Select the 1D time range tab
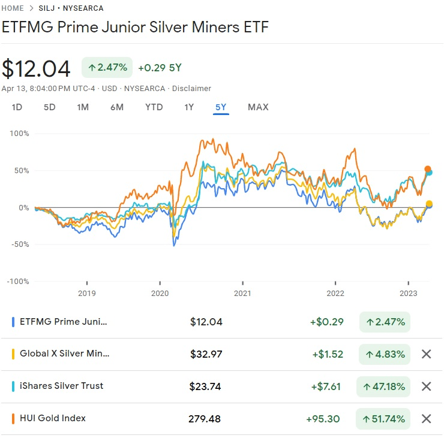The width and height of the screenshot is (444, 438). [17, 107]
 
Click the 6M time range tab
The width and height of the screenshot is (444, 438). [116, 107]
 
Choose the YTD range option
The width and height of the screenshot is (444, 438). [154, 107]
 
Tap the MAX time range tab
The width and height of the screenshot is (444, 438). [258, 107]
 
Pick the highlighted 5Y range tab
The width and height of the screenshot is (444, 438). [221, 107]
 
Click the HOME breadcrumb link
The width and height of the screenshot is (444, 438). [13, 8]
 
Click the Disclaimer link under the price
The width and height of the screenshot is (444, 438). [191, 88]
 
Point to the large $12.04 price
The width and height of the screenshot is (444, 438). [36, 68]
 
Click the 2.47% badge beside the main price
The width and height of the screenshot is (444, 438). [107, 68]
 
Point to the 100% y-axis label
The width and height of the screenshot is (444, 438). [19, 133]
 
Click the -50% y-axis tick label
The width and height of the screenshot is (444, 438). [19, 244]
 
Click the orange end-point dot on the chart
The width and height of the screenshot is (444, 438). [428, 169]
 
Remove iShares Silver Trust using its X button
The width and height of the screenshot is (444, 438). [426, 386]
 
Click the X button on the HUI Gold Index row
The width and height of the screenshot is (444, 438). [426, 419]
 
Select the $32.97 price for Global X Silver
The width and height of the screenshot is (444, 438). [206, 354]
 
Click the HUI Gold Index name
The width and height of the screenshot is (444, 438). [52, 418]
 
